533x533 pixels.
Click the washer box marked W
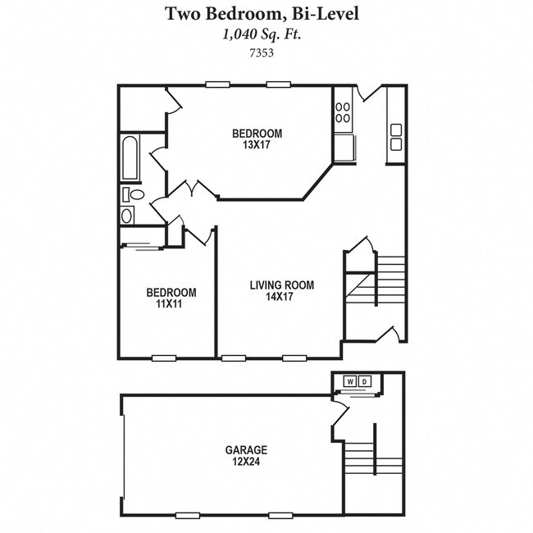[x=350, y=381]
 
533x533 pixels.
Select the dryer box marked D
[x=364, y=381]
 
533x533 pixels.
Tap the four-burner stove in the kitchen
[x=343, y=112]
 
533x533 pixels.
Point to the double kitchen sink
[x=396, y=137]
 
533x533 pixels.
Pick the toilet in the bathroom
[x=133, y=195]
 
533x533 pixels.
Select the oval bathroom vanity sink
[x=127, y=216]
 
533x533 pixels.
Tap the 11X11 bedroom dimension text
[x=171, y=304]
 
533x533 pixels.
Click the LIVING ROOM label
[x=282, y=285]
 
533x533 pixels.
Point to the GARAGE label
[x=246, y=450]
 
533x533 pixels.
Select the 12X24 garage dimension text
[x=246, y=462]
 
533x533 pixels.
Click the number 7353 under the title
[x=262, y=52]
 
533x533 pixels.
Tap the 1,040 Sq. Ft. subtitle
[x=262, y=34]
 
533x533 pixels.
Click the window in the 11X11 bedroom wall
[x=164, y=358]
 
